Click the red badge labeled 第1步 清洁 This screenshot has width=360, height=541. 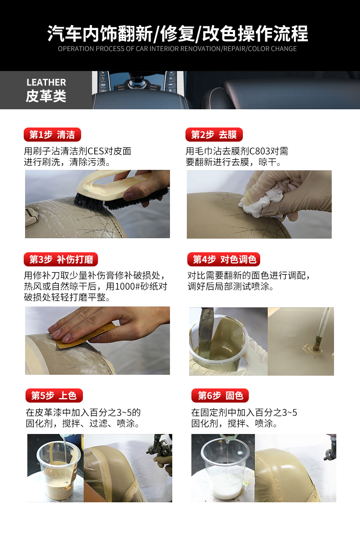(x=52, y=134)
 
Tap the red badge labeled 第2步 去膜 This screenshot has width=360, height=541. (x=214, y=134)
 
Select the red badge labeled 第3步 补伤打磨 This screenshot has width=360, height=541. (x=61, y=259)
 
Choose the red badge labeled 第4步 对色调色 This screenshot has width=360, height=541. (x=224, y=259)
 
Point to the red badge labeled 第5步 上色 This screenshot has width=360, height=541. (x=54, y=395)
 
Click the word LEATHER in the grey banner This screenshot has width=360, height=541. (x=46, y=82)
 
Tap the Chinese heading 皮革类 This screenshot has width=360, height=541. (x=46, y=96)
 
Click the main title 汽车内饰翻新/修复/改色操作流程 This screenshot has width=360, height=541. (x=178, y=34)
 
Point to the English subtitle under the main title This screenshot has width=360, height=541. (x=178, y=49)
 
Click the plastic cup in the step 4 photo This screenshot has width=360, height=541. (x=219, y=346)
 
